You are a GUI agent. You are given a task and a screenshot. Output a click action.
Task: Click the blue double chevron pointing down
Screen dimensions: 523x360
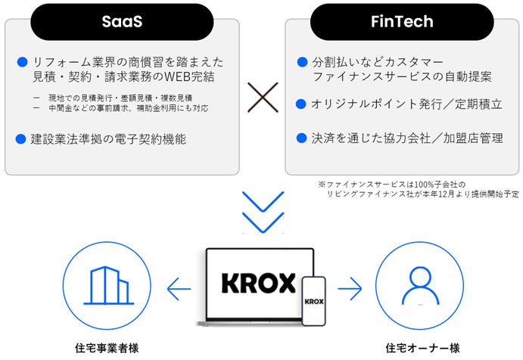click(x=263, y=211)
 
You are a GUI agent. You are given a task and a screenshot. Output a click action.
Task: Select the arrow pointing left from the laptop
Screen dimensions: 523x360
click(x=179, y=288)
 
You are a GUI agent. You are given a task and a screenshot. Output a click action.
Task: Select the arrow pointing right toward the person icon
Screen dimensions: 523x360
click(x=350, y=288)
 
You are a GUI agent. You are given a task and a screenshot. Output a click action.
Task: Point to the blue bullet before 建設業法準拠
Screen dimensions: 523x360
click(x=22, y=139)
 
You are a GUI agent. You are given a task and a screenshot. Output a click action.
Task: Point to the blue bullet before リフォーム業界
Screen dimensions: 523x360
click(x=22, y=61)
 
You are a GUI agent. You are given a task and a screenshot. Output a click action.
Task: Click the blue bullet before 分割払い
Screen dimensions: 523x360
click(x=301, y=61)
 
